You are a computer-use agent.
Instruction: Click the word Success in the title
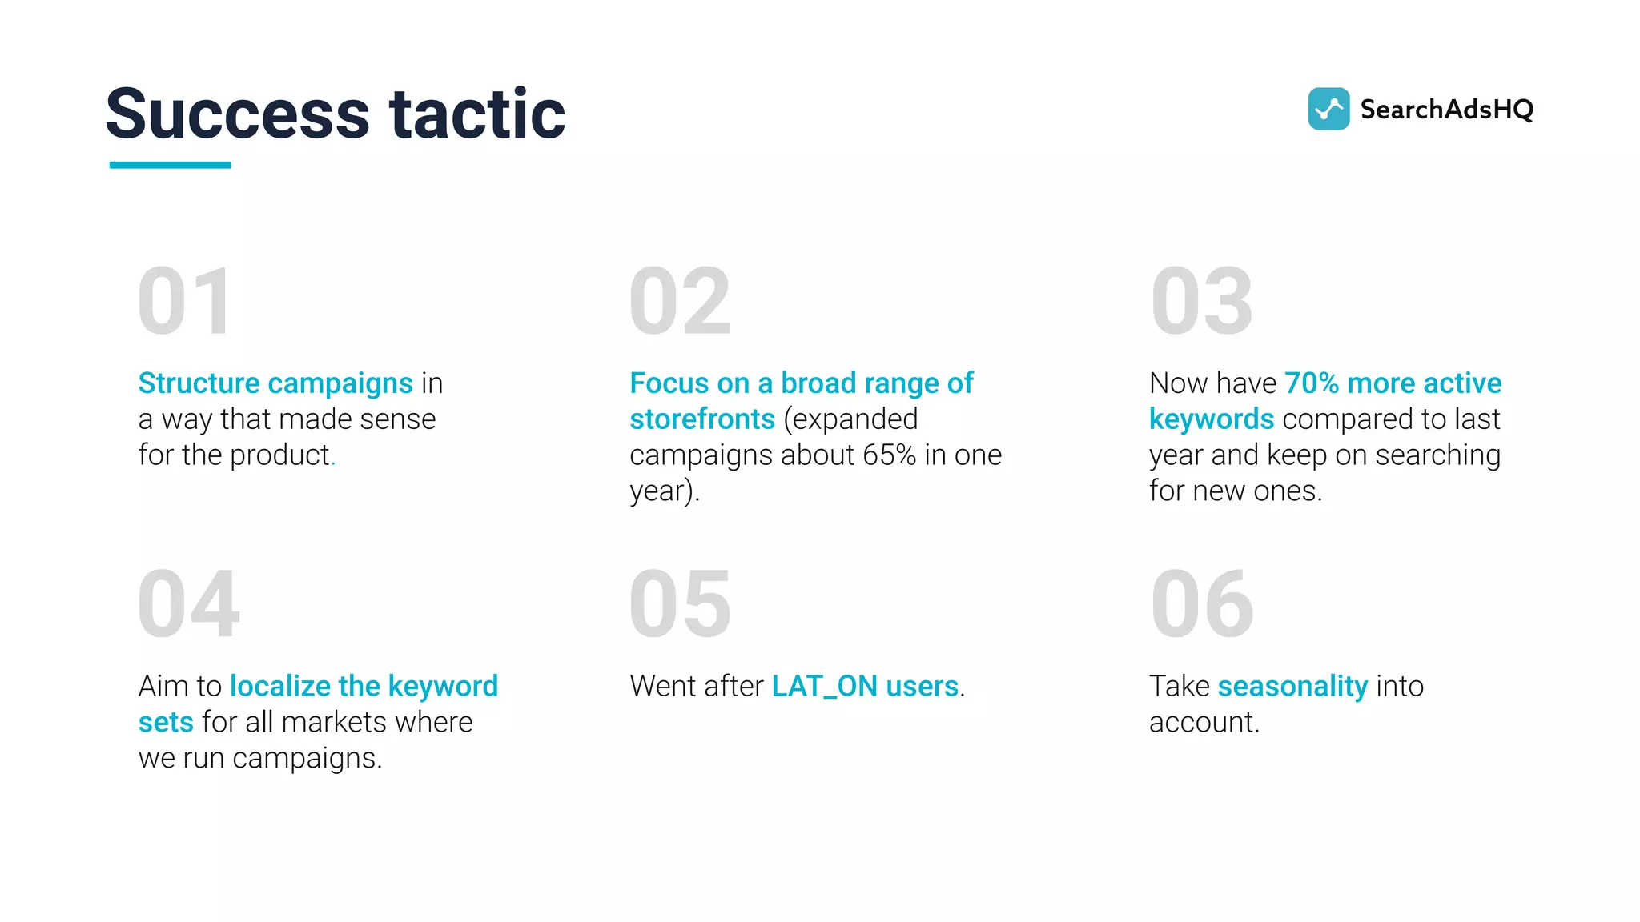click(x=237, y=114)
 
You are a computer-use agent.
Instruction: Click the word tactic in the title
click(x=477, y=114)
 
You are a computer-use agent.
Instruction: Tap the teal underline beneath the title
click(x=170, y=165)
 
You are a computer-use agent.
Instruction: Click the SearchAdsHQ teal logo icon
click(x=1328, y=109)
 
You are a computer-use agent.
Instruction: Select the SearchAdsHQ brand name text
click(x=1446, y=110)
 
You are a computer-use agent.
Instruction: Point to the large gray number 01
click(x=186, y=302)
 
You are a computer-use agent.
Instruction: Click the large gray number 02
click(x=680, y=302)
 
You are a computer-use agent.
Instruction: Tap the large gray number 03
click(x=1201, y=302)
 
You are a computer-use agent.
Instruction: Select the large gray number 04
click(x=188, y=604)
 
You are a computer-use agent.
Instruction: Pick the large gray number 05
click(x=680, y=604)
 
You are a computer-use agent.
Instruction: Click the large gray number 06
click(x=1201, y=604)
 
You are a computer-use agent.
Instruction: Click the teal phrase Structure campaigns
click(x=275, y=383)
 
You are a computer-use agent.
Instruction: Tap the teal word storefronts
click(x=702, y=419)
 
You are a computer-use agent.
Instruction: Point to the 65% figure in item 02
click(x=889, y=455)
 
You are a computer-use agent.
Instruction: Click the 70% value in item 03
click(x=1311, y=383)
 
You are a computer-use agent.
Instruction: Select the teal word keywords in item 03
click(x=1211, y=419)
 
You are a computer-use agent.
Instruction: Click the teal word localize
click(x=279, y=686)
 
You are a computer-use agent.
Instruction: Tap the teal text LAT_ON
click(x=824, y=687)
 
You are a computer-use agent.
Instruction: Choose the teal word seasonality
click(x=1292, y=687)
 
